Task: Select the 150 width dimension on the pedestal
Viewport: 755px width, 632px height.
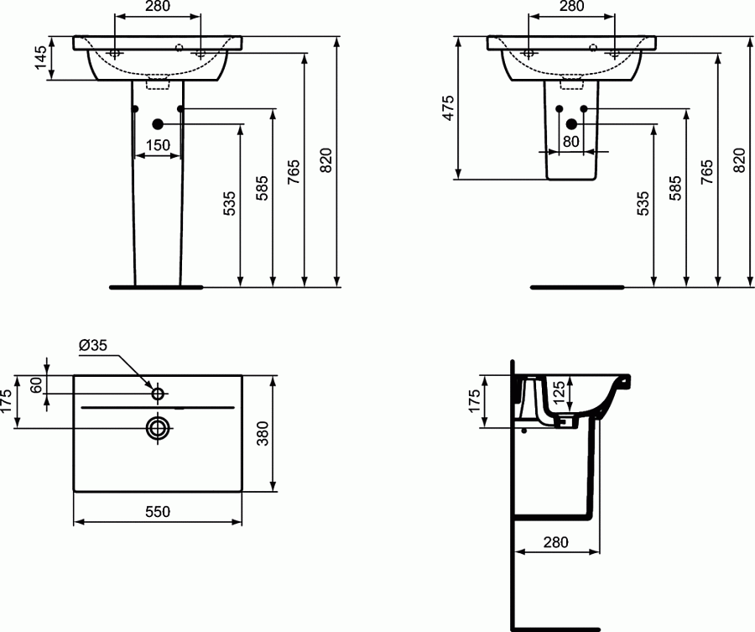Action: pyautogui.click(x=158, y=145)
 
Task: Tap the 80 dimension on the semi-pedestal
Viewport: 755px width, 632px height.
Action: pyautogui.click(x=570, y=142)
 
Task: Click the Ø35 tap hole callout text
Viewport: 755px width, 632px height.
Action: pyautogui.click(x=92, y=345)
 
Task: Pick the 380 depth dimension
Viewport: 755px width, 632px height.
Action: pyautogui.click(x=285, y=434)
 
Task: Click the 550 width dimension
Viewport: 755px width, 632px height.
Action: pyautogui.click(x=159, y=511)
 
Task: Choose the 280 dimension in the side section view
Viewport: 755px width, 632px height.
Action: pyautogui.click(x=555, y=542)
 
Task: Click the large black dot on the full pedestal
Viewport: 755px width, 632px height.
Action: pyautogui.click(x=157, y=123)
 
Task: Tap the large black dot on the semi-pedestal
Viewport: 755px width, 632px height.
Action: pyautogui.click(x=571, y=124)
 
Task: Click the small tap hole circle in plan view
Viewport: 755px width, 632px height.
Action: pyautogui.click(x=157, y=393)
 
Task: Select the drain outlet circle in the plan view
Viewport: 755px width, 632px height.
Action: pyautogui.click(x=157, y=427)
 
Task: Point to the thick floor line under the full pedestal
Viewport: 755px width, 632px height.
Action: pyautogui.click(x=156, y=287)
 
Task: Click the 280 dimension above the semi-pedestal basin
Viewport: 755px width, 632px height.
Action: pyautogui.click(x=570, y=7)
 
